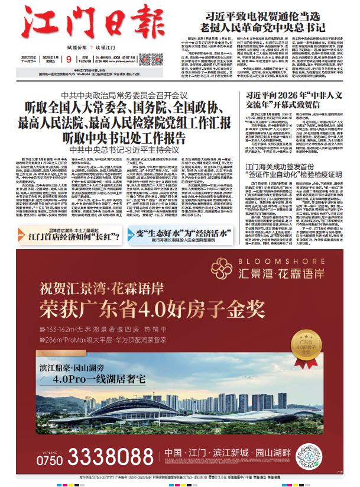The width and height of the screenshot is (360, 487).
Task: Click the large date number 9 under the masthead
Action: tap(69, 59)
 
